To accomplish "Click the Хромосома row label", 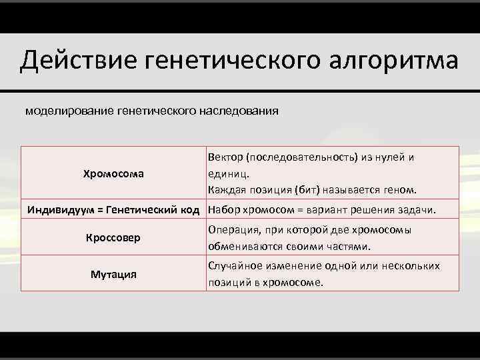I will [113, 174].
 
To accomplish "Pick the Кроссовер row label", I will [113, 237].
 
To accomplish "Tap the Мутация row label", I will [113, 274].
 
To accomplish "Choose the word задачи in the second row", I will [416, 211].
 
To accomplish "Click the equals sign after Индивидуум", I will [100, 211].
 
